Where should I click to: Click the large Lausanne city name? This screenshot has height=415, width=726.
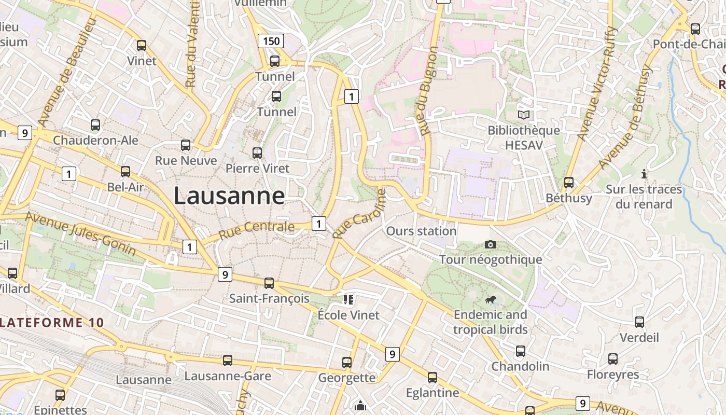[229, 196]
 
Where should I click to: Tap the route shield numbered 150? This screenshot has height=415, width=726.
[271, 41]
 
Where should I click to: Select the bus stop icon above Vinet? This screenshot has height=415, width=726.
[142, 46]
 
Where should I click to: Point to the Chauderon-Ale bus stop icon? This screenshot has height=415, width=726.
[95, 125]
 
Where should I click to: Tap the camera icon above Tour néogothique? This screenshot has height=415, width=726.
[490, 244]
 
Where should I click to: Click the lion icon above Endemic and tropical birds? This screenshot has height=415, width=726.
[490, 299]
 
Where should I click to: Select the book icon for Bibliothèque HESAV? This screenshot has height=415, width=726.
[524, 115]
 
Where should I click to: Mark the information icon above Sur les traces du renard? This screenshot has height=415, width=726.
[644, 174]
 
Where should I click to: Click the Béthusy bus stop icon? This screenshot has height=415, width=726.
[569, 183]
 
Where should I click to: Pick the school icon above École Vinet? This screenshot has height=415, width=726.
[348, 299]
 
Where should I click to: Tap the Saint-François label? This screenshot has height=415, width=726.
[269, 298]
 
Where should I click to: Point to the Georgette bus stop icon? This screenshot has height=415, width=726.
[347, 363]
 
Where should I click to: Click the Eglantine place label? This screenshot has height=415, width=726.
[432, 393]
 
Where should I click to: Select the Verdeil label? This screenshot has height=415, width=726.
[639, 338]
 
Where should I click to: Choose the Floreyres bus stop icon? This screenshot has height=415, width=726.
[613, 359]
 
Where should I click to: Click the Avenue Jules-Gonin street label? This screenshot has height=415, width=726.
[80, 234]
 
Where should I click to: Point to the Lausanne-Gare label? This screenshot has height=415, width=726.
[228, 376]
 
